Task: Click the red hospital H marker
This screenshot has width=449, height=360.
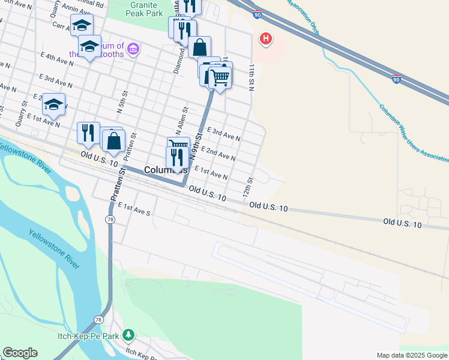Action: click(265, 40)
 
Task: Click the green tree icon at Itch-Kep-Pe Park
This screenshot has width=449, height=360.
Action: click(128, 334)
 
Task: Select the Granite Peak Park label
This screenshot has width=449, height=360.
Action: click(147, 8)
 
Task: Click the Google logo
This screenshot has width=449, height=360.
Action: click(20, 352)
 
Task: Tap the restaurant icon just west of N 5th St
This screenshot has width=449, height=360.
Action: click(88, 133)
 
